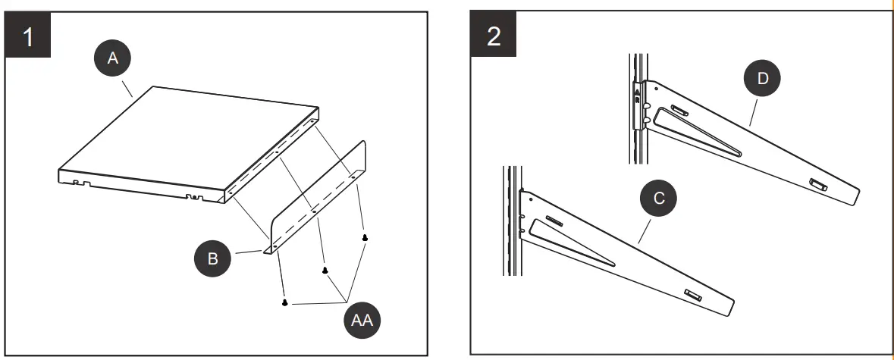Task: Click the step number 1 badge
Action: point(29,36)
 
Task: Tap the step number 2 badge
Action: point(494,36)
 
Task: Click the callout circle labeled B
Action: point(213,258)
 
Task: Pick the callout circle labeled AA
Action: point(362,321)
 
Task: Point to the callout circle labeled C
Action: point(659,198)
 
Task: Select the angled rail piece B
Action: point(318,197)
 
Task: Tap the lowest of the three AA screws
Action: point(284,302)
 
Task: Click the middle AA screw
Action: point(325,270)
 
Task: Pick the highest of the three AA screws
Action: point(365,237)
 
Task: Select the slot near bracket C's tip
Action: point(693,294)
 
